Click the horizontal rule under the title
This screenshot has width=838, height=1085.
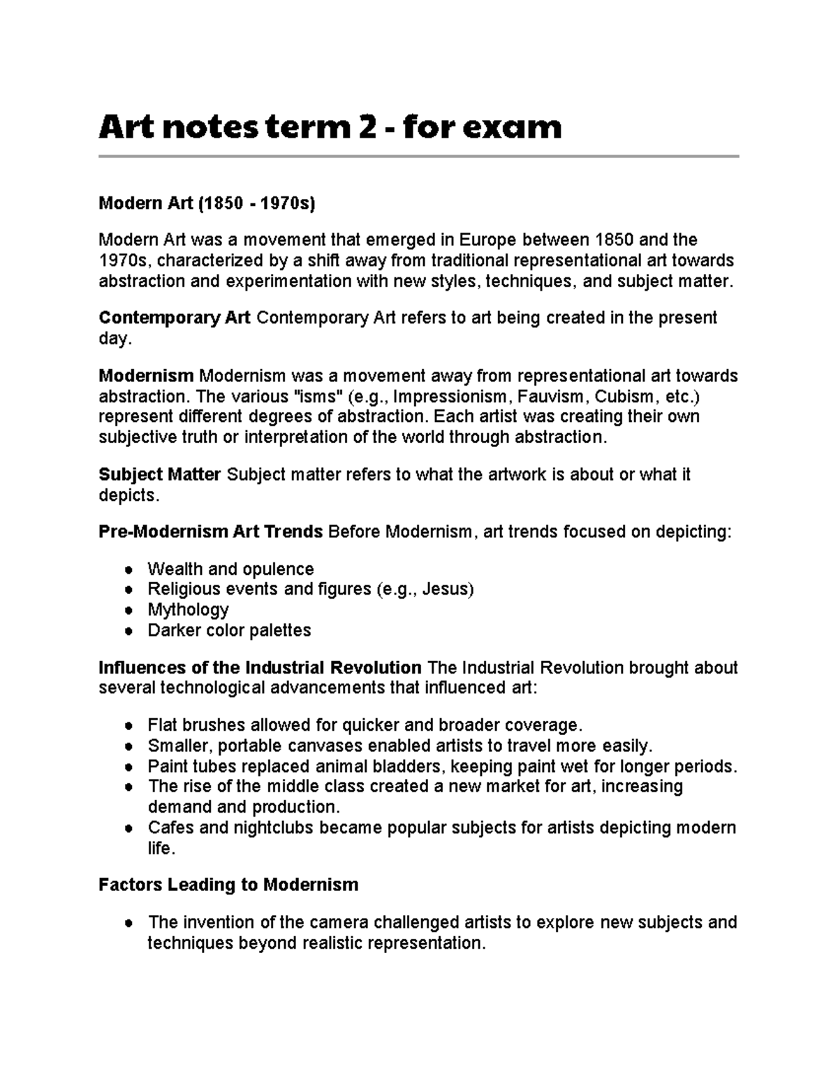tap(418, 156)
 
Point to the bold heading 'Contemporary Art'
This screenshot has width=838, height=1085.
tap(175, 318)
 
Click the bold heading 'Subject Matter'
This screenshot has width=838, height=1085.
tap(160, 474)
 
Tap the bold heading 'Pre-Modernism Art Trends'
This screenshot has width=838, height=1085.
tap(211, 532)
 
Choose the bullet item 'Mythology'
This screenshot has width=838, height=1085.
tap(188, 610)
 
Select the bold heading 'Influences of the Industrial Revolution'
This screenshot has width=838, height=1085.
tap(260, 667)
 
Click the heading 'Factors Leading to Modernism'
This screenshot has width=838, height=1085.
tap(228, 885)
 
